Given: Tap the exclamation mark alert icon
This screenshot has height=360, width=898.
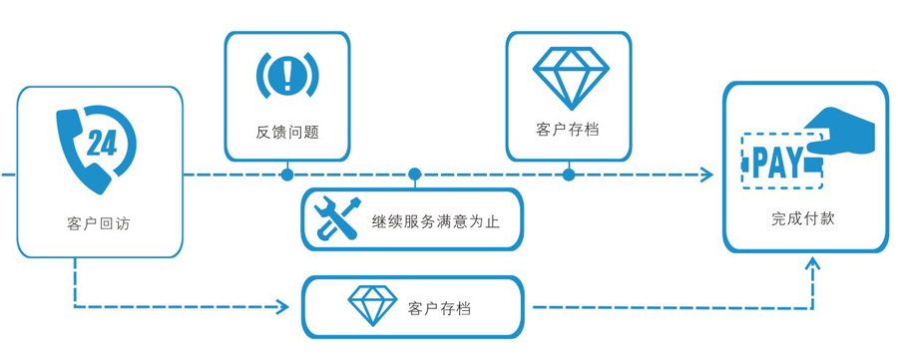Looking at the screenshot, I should coord(287,74).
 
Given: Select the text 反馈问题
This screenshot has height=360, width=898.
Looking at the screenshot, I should coord(287,132).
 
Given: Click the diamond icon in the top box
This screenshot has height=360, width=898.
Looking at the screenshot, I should coord(568,75).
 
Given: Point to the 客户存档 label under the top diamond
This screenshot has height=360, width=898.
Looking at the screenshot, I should coord(568,130).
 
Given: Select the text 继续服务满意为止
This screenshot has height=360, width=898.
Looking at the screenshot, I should coord(435,220).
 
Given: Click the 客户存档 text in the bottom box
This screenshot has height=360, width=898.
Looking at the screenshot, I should coord(440,307).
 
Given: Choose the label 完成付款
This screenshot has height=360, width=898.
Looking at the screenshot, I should coord(803,217).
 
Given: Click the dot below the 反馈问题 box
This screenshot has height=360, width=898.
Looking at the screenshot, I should coord(287,176).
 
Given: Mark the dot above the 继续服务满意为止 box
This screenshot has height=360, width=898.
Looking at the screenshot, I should coord(415,176).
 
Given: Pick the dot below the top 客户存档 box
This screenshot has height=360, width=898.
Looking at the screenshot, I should coord(569,176).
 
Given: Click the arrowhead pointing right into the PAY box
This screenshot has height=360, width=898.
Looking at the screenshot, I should coord(707,176).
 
